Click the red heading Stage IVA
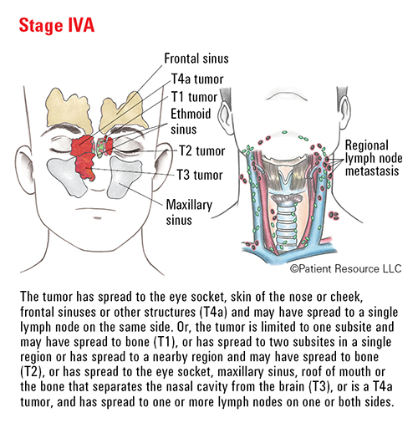pyautogui.click(x=57, y=25)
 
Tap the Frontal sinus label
pyautogui.click(x=196, y=59)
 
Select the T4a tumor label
pyautogui.click(x=197, y=79)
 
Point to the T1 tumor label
pyautogui.click(x=194, y=97)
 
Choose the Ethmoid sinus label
pyautogui.click(x=191, y=121)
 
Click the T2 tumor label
pyautogui.click(x=201, y=151)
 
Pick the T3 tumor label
pyautogui.click(x=200, y=175)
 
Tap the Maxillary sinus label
pyautogui.click(x=189, y=212)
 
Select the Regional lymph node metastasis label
pyautogui.click(x=374, y=158)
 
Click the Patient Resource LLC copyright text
pyautogui.click(x=345, y=268)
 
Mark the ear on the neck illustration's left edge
pyautogui.click(x=225, y=115)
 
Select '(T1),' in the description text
pyautogui.click(x=166, y=342)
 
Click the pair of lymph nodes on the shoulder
pyautogui.click(x=334, y=216)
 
